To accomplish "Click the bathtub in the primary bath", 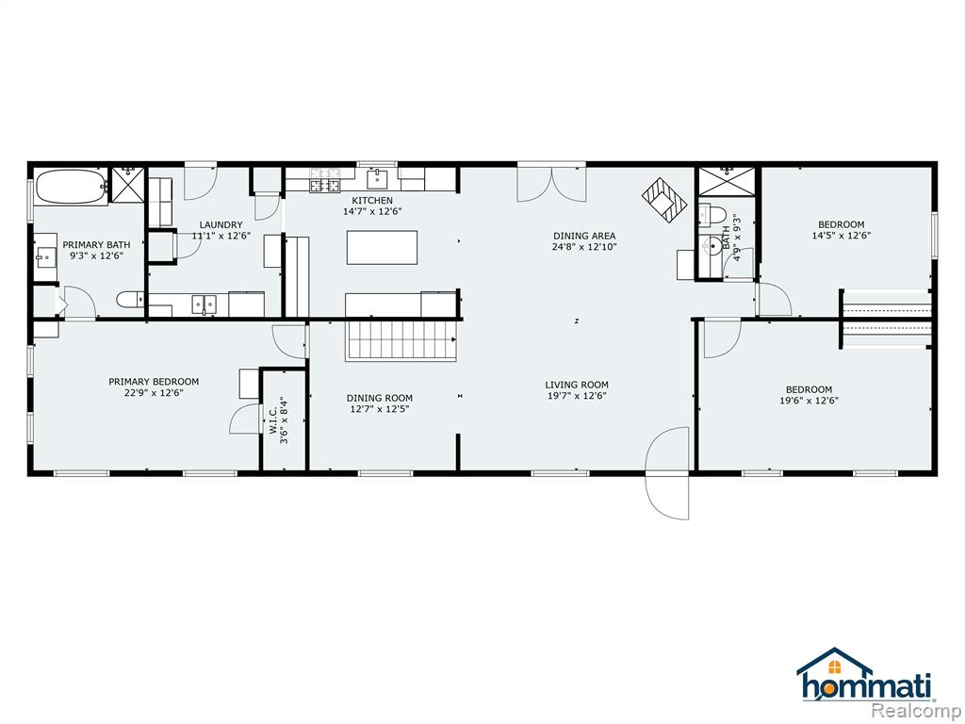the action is (x=72, y=188).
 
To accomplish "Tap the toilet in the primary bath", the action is (x=130, y=300).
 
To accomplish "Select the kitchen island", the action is (x=383, y=247).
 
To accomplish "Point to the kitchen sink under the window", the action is (x=377, y=179).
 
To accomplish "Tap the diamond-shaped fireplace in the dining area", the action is (x=664, y=200).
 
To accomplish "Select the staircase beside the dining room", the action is (x=401, y=339).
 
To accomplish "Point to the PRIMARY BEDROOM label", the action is (x=154, y=382).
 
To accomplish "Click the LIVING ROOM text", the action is (x=577, y=385).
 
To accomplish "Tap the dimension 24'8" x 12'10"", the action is (x=584, y=247).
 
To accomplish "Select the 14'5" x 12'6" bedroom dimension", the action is (x=842, y=235).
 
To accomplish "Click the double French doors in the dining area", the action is (x=551, y=183).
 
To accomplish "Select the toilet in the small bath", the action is (x=711, y=216).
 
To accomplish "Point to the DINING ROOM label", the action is (x=379, y=399).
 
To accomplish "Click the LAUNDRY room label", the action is (x=221, y=224).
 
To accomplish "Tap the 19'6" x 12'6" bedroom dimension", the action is (x=809, y=400).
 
